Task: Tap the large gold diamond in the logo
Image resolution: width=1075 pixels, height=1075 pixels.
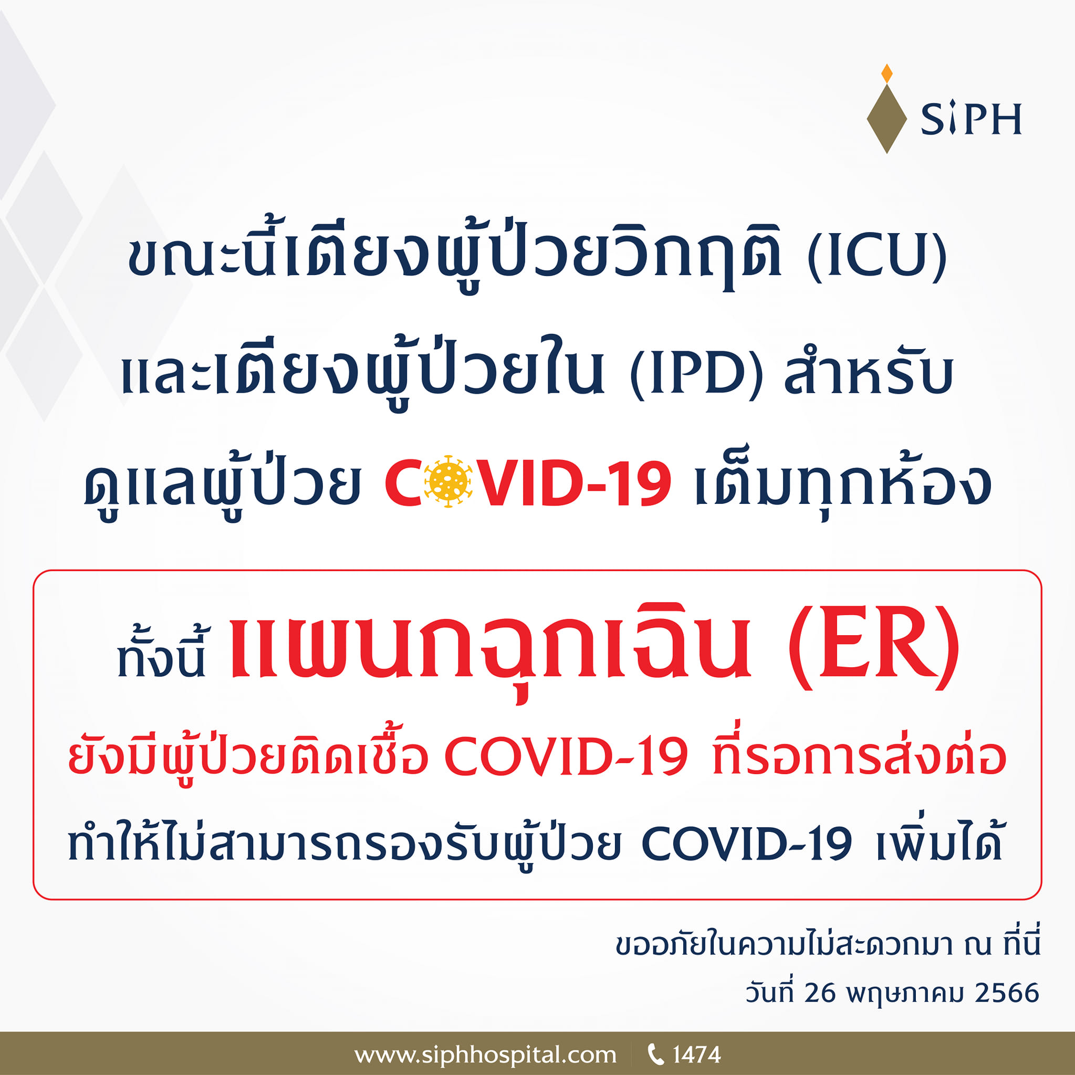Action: click(x=887, y=119)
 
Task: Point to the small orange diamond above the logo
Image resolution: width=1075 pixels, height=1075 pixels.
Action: click(x=887, y=73)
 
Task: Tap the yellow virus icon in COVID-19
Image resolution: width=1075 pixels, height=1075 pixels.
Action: click(x=447, y=482)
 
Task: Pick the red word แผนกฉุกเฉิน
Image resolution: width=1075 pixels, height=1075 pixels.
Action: click(x=490, y=648)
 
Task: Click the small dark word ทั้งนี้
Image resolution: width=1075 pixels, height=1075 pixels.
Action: click(x=161, y=657)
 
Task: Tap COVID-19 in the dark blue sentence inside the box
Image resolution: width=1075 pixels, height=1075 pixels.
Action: click(x=746, y=844)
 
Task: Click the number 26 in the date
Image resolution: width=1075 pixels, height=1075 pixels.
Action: click(x=820, y=993)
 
